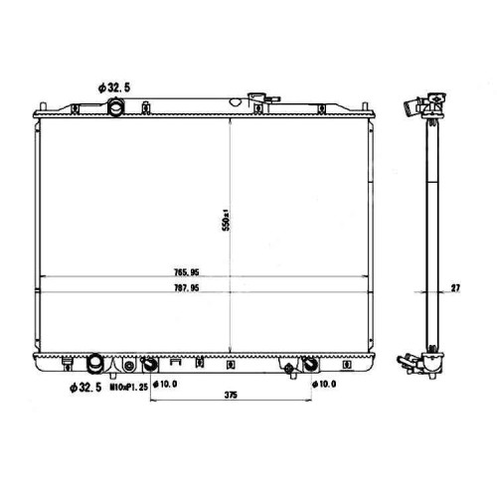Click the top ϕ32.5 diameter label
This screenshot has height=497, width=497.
[114, 87]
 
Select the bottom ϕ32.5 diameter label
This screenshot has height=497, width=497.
[85, 388]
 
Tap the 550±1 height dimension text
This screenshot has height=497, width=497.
[227, 220]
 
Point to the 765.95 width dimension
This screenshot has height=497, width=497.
[187, 272]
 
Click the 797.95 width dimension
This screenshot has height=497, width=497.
[187, 288]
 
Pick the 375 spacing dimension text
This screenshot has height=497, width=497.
[231, 395]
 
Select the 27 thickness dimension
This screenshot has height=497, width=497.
[455, 288]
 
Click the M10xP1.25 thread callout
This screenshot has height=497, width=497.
[129, 387]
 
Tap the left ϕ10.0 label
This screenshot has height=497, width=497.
[165, 384]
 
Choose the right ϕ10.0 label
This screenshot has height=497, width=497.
[324, 384]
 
